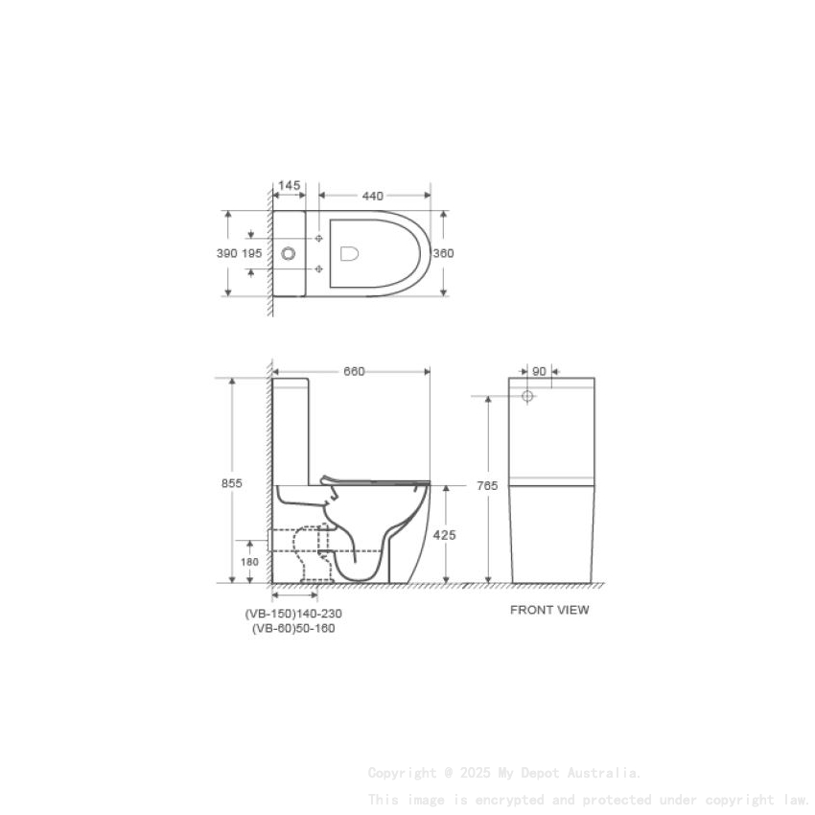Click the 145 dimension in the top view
tap(289, 185)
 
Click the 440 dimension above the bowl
tap(372, 196)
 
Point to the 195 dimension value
tap(251, 253)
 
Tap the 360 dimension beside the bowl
tap(443, 253)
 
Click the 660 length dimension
tap(354, 372)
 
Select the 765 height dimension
tap(487, 486)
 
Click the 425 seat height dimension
tap(445, 535)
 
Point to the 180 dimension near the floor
tap(249, 562)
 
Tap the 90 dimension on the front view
tap(539, 370)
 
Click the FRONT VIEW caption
tap(549, 610)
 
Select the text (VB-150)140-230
tap(293, 614)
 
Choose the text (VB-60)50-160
tap(293, 629)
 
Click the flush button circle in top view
tap(290, 254)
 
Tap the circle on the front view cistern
tap(527, 395)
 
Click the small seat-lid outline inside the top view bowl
tap(350, 253)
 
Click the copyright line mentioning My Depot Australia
tap(504, 772)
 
